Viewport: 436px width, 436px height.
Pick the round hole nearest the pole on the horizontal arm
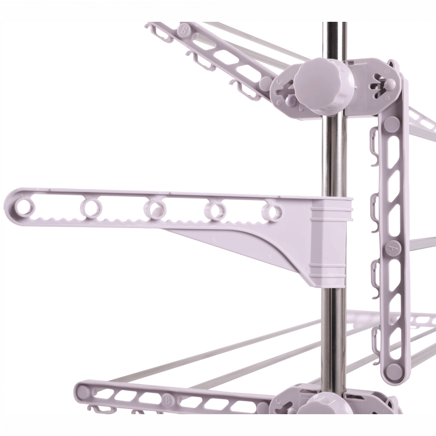pyautogui.click(x=272, y=211)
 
